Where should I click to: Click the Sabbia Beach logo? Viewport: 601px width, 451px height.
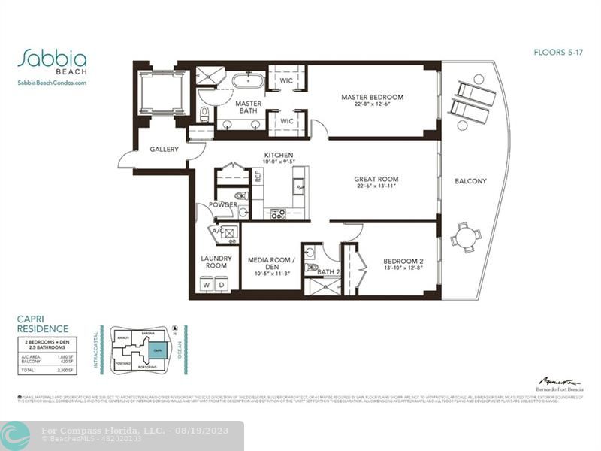click(52, 61)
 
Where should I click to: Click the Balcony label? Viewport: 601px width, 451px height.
click(470, 181)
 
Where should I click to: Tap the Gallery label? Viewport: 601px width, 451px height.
click(164, 150)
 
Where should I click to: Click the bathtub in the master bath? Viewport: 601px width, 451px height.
click(246, 80)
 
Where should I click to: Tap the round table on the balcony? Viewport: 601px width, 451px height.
click(466, 238)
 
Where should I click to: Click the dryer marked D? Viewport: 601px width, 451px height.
click(221, 286)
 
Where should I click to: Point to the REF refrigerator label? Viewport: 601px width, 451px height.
click(258, 177)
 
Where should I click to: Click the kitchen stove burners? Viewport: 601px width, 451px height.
click(278, 213)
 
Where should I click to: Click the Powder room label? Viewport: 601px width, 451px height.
click(223, 204)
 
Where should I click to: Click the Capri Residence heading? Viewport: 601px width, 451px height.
click(42, 324)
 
